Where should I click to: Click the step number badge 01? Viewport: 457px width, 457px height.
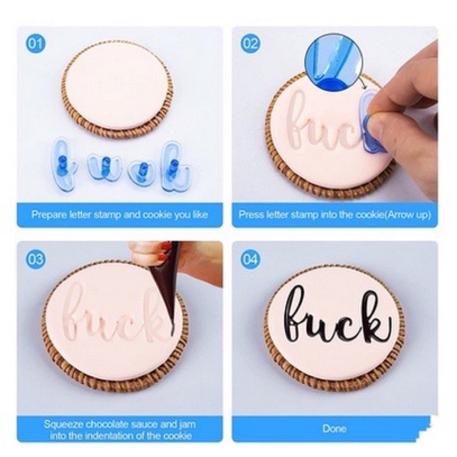36,43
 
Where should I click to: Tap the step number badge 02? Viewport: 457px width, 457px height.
251,43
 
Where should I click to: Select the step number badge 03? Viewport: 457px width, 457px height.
36,259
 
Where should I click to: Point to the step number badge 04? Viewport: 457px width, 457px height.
251,259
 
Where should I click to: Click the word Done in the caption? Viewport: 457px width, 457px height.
334,428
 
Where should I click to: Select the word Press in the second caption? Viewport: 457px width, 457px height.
248,215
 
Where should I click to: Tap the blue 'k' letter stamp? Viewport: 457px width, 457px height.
175,167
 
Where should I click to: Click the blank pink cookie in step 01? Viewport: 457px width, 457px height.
118,85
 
